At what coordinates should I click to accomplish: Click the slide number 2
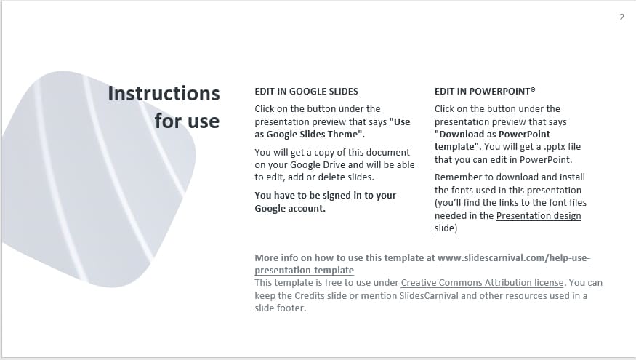[x=621, y=17]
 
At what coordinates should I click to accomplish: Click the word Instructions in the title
[x=164, y=94]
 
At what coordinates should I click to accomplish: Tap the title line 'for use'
[x=187, y=121]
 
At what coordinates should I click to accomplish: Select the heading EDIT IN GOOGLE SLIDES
[x=306, y=92]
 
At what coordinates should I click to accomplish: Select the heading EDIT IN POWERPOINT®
[x=485, y=92]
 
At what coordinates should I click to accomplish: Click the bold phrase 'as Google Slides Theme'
[x=308, y=135]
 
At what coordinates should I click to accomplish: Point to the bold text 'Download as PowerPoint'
[x=492, y=135]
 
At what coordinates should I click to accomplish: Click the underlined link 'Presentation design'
[x=539, y=216]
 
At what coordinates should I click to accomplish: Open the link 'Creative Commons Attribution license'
[x=482, y=282]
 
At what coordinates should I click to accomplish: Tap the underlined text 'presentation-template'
[x=304, y=270]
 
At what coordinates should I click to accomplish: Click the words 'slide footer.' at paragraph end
[x=281, y=308]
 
